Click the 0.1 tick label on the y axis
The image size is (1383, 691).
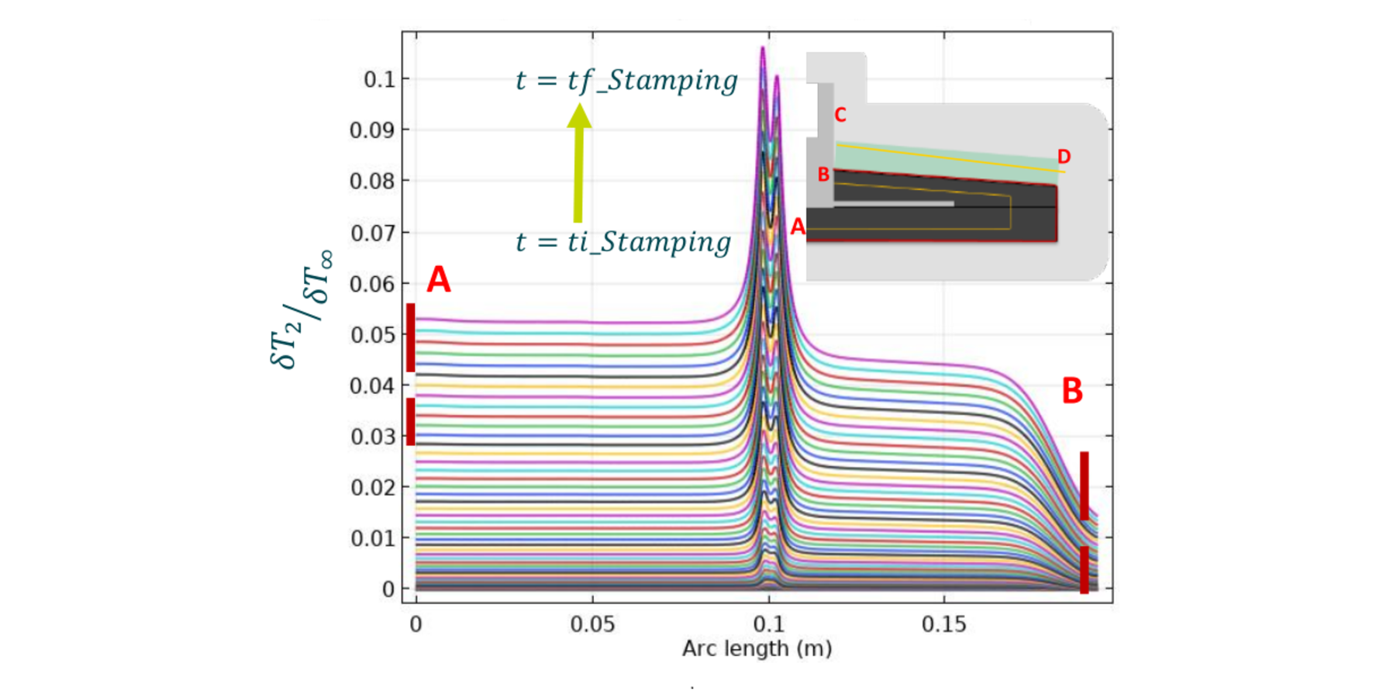[x=379, y=79]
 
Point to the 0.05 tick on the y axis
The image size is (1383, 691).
[x=373, y=335]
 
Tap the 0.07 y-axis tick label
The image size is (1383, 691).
[x=373, y=233]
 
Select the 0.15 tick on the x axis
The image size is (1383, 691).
[x=944, y=624]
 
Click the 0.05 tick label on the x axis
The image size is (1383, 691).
[x=592, y=624]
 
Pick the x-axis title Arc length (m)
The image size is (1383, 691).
[x=757, y=648]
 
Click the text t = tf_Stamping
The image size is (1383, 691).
[x=626, y=81]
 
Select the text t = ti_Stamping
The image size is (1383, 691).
[x=623, y=242]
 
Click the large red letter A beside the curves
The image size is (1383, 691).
[x=438, y=279]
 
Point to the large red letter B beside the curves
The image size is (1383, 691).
[x=1072, y=391]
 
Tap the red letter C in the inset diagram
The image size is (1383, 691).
[x=840, y=116]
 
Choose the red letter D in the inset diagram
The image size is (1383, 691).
[x=1064, y=157]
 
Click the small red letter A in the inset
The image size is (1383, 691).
[x=798, y=227]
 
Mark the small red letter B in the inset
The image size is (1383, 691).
[x=823, y=174]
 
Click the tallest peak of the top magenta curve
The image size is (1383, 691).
[x=763, y=49]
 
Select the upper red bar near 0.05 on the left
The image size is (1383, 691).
[x=411, y=337]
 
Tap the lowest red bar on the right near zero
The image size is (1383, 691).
[x=1085, y=569]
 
